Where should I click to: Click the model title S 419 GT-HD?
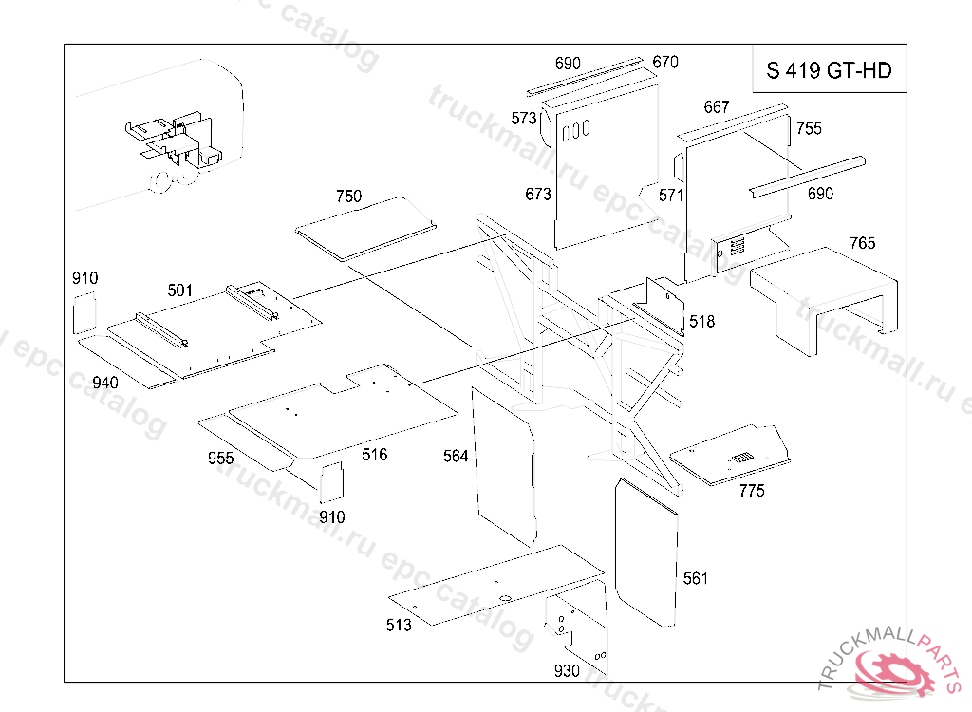pyautogui.click(x=829, y=70)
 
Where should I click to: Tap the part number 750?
pyautogui.click(x=348, y=196)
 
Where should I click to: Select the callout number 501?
pyautogui.click(x=179, y=290)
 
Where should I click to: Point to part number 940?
pyautogui.click(x=104, y=382)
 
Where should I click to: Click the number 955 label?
pyautogui.click(x=220, y=458)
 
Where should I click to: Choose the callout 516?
pyautogui.click(x=374, y=455)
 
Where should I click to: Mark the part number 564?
pyautogui.click(x=456, y=456)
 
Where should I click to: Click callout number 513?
pyautogui.click(x=399, y=625)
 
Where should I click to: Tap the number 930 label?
pyautogui.click(x=567, y=670)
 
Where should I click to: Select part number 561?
pyautogui.click(x=696, y=578)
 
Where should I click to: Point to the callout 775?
pyautogui.click(x=752, y=491)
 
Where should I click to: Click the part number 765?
pyautogui.click(x=863, y=242)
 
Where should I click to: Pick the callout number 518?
pyautogui.click(x=701, y=321)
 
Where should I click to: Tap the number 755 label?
pyautogui.click(x=809, y=128)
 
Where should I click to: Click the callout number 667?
pyautogui.click(x=717, y=106)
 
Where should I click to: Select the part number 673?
pyautogui.click(x=538, y=194)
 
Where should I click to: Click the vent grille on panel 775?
pyautogui.click(x=742, y=458)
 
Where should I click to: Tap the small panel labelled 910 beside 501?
pyautogui.click(x=84, y=313)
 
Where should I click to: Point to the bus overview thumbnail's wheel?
pyautogui.click(x=162, y=181)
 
